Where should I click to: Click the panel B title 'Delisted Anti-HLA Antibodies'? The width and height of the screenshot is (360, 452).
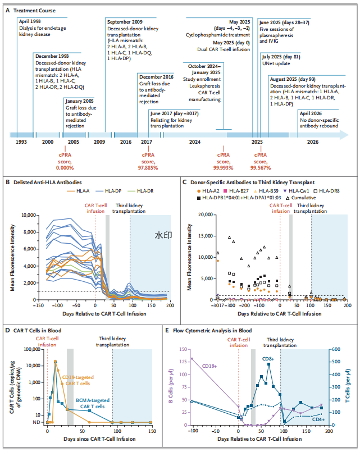coord(48,182)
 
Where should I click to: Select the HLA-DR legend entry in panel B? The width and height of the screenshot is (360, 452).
coord(140,191)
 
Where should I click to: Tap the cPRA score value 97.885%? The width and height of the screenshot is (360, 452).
coord(148,168)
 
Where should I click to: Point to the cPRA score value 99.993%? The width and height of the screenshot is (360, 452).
coord(224,168)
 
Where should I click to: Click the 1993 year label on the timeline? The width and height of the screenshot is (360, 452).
coord(21,142)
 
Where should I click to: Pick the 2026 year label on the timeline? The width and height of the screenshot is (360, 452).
coord(313,142)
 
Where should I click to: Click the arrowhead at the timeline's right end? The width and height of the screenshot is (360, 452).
coord(344,135)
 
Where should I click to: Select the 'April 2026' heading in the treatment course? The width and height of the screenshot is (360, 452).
coord(311,113)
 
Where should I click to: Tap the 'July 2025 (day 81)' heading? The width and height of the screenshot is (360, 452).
coord(281,57)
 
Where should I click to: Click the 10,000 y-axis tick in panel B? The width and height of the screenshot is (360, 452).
coord(29,215)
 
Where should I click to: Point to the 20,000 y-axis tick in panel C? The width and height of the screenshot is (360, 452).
coord(206,214)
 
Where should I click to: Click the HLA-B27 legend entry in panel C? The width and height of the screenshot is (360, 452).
coord(236,191)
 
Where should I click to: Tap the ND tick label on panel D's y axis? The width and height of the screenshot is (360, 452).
coord(37,422)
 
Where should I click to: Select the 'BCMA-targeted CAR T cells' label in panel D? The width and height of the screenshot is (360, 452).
coord(93,403)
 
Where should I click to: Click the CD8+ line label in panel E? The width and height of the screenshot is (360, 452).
coord(268,359)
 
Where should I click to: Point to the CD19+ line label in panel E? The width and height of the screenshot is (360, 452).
coord(209,366)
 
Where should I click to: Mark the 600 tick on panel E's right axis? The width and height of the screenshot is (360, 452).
coord(336,349)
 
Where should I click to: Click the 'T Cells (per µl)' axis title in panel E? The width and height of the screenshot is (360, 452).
coord(348,385)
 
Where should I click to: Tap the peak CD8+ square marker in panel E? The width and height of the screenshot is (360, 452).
coord(268,364)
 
